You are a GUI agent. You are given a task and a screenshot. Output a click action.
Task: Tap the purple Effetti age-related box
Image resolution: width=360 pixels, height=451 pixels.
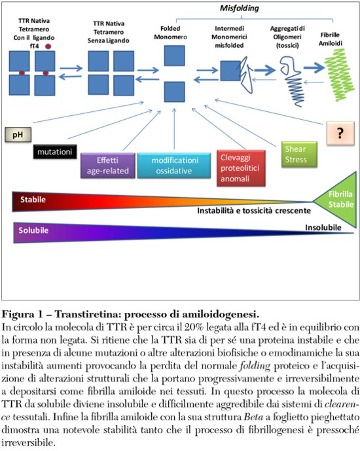point(107,165)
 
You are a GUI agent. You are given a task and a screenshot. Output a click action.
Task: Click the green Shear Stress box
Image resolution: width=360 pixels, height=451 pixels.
point(296,154)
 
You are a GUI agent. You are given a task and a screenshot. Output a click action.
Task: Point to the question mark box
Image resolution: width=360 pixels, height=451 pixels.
point(340,134)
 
